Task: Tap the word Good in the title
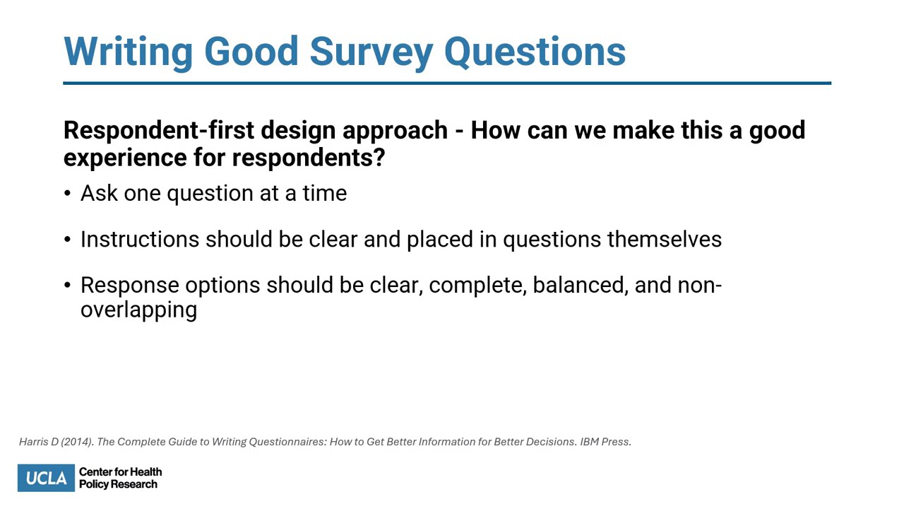251,52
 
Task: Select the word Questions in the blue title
535,52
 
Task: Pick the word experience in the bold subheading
125,158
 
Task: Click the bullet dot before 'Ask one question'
67,194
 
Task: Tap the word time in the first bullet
324,193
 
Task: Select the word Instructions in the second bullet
139,240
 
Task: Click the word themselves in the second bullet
664,240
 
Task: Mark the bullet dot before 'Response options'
67,286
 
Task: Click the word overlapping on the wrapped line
138,310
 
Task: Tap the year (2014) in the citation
76,442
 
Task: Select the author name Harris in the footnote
34,442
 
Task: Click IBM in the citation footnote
589,442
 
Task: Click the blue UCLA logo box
46,478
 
